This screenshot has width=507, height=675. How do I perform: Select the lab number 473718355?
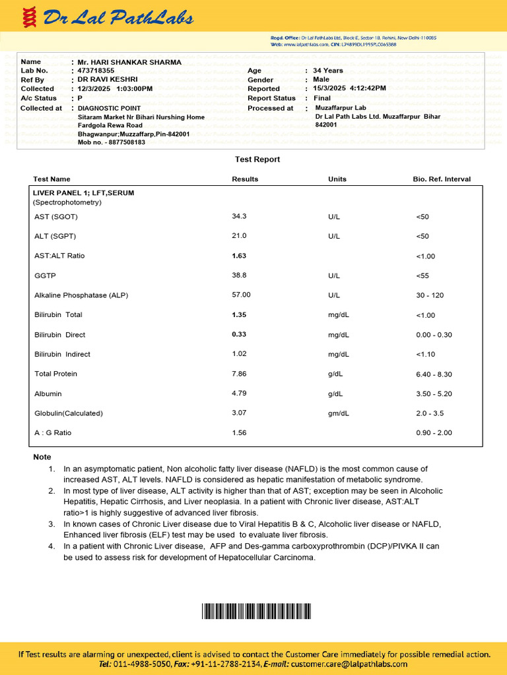[96, 71]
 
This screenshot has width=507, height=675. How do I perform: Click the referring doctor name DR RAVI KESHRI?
[108, 79]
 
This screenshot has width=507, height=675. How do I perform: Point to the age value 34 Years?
[328, 71]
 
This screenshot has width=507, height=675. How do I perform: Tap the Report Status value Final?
[322, 98]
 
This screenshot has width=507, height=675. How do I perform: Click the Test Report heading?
[257, 160]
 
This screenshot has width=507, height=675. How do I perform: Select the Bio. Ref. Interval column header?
[442, 179]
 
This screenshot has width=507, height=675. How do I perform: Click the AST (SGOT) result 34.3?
[239, 216]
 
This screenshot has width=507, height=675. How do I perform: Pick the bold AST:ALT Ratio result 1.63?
[239, 256]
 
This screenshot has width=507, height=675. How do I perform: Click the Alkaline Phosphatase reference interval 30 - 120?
[430, 295]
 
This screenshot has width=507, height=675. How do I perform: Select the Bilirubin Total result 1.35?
[240, 315]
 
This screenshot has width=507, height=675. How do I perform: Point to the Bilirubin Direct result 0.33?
[240, 335]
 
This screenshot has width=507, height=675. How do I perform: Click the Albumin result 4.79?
[239, 394]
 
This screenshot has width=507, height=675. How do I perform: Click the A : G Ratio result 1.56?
[239, 433]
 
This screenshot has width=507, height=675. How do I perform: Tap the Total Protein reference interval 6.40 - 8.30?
[434, 374]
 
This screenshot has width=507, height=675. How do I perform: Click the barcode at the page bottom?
[255, 611]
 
